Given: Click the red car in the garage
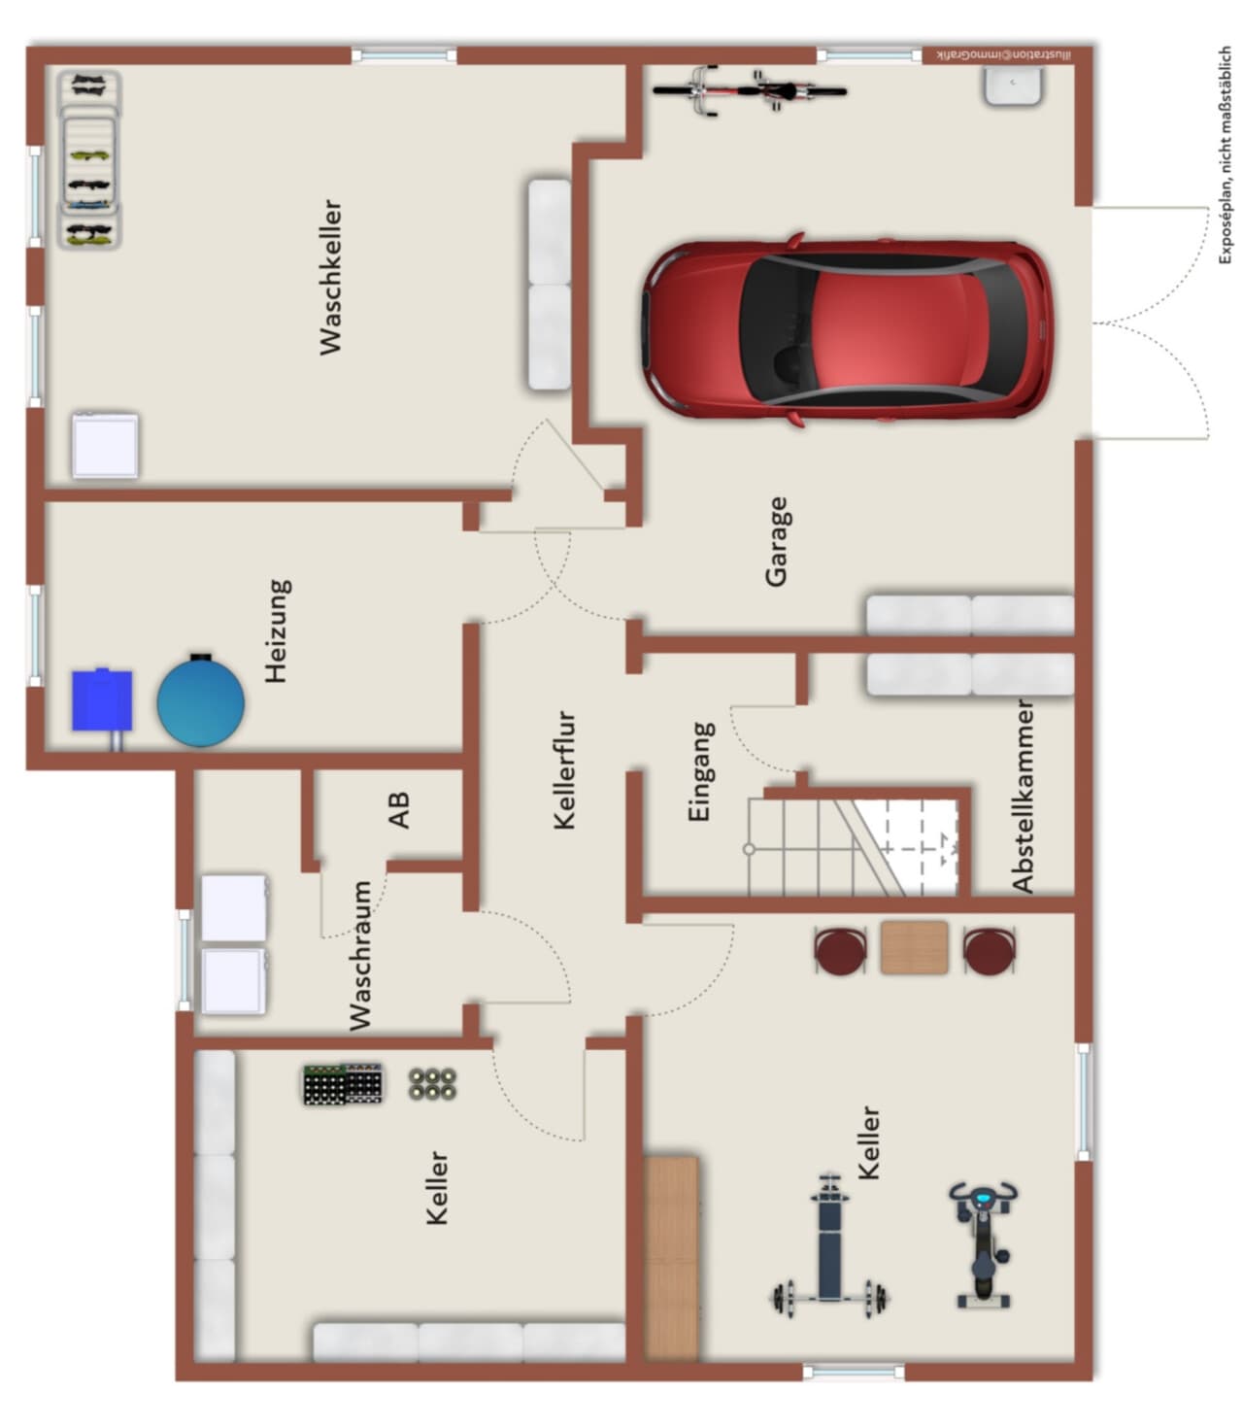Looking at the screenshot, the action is (x=847, y=328).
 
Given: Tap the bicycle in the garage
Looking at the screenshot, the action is (x=750, y=90).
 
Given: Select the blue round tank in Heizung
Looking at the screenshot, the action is (x=201, y=699).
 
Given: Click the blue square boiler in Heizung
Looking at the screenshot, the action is (x=103, y=700).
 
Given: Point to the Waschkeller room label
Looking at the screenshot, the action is (x=330, y=277).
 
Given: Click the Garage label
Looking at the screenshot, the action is (x=777, y=542).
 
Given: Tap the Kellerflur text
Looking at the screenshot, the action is (x=564, y=769).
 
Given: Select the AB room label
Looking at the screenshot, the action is (x=398, y=809).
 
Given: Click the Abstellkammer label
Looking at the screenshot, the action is (x=1023, y=797).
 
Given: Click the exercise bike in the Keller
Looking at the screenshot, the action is (x=983, y=1244).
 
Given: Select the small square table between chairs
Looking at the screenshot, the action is (x=915, y=947).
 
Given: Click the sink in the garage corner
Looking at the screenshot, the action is (x=1014, y=85).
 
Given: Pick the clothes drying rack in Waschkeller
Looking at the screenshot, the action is (x=89, y=159).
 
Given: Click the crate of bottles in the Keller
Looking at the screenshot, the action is (x=343, y=1084).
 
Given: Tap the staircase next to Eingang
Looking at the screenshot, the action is (x=853, y=847).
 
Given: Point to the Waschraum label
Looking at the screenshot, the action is (x=360, y=956).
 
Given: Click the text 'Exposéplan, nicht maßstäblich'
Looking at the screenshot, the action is (x=1225, y=155).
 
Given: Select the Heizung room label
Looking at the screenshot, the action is (x=277, y=631).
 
